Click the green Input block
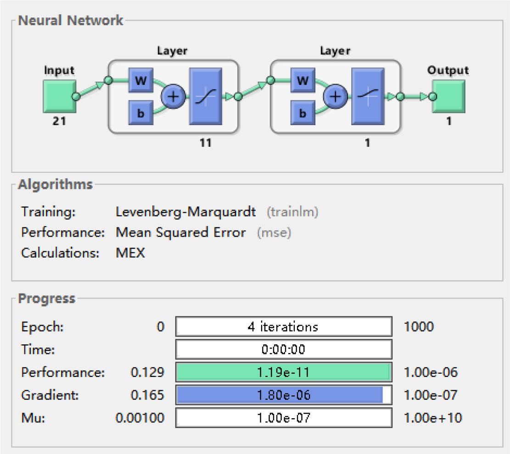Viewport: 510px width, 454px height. pos(59,96)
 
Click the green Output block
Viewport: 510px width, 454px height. pos(448,96)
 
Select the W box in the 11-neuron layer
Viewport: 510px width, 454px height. pos(140,81)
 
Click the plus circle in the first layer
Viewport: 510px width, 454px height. pos(173,96)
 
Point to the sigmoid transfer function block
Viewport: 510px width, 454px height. pos(205,96)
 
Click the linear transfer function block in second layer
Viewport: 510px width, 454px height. pos(368,96)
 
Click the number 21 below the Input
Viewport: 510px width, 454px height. pos(59,122)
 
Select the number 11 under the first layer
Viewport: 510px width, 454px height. pos(206,143)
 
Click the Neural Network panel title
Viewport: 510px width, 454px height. pos(71,21)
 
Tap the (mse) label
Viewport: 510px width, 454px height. pos(274,233)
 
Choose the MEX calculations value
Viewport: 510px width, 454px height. pos(130,253)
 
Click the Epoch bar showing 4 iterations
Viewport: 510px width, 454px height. pos(283,327)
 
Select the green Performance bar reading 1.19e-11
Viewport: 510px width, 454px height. pos(283,372)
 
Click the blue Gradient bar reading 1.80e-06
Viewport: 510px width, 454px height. pos(280,395)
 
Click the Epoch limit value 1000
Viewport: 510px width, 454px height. pos(418,327)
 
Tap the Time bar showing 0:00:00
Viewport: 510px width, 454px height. pos(283,350)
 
